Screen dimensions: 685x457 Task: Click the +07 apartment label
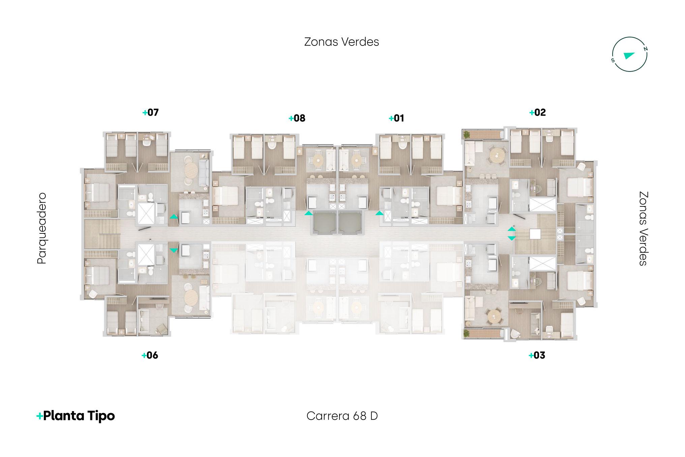click(x=151, y=112)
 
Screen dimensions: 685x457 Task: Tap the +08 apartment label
click(x=297, y=118)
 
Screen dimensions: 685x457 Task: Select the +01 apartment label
click(x=396, y=118)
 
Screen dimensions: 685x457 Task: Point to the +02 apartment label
click(x=537, y=112)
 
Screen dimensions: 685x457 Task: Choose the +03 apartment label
click(x=537, y=355)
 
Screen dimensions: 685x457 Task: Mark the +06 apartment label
click(x=150, y=355)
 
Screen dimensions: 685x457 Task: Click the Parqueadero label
click(x=42, y=228)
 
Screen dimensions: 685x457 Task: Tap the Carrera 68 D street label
click(x=342, y=416)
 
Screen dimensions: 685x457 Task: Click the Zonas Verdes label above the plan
click(x=341, y=42)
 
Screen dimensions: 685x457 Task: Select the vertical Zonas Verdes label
click(x=643, y=229)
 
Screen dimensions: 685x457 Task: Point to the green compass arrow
click(x=629, y=55)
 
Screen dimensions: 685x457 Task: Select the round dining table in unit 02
click(x=498, y=156)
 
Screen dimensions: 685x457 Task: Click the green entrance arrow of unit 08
click(x=308, y=213)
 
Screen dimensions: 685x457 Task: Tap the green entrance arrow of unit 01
click(x=380, y=213)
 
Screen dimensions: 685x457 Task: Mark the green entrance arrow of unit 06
click(x=174, y=250)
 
